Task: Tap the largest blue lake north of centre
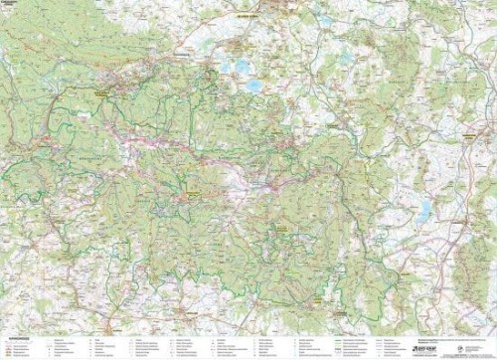pos(254,86)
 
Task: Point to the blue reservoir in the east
pos(425,209)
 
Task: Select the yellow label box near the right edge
pos(467,130)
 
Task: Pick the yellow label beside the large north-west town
pos(100,90)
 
